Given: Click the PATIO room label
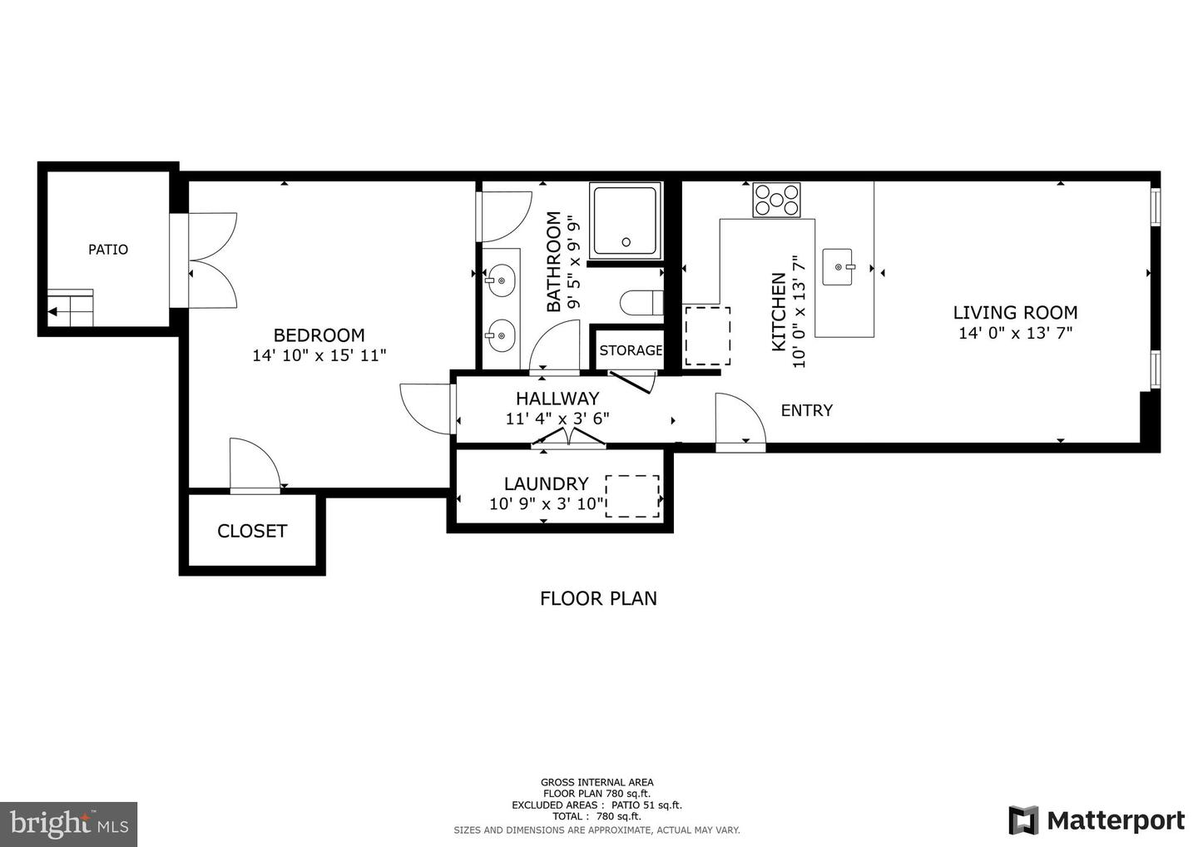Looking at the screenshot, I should [x=108, y=250].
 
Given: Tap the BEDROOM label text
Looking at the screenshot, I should [x=319, y=335].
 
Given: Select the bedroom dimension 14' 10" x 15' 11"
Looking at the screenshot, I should [x=319, y=355].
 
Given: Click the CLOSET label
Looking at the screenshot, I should [x=251, y=531].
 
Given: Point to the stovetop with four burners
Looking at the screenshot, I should [x=776, y=200].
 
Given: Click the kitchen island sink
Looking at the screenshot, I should [x=839, y=266].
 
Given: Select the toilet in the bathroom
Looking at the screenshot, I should [x=641, y=303].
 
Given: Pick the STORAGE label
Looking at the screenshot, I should [x=631, y=350].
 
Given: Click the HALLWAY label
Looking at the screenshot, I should [x=557, y=399].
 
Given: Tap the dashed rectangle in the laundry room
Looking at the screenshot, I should [x=632, y=497].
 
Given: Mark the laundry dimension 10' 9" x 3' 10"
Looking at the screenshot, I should [x=546, y=503].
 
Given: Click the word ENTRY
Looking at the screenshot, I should [x=806, y=410].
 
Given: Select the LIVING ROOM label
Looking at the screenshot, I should [x=1015, y=313].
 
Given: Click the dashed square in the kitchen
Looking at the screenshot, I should [x=707, y=335].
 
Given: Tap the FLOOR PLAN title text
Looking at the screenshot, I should [x=598, y=598].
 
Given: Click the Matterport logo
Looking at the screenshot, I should [x=1097, y=820].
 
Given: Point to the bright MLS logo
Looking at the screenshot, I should [x=68, y=824].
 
